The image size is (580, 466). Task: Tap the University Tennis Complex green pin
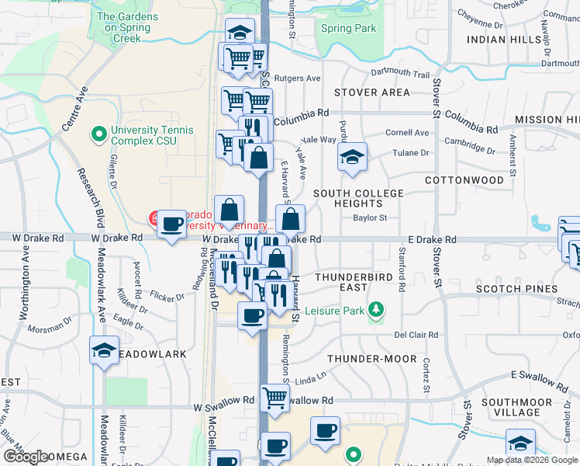(x=98, y=135)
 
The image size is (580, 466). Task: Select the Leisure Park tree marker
(x=376, y=311)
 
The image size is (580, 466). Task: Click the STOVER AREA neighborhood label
(x=371, y=92)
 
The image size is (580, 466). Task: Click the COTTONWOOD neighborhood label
(x=464, y=179)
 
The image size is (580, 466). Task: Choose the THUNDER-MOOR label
(x=368, y=359)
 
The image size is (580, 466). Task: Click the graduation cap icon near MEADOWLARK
(x=104, y=350)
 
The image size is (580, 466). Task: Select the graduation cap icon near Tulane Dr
(x=352, y=157)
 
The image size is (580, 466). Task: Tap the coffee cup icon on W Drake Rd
(x=171, y=224)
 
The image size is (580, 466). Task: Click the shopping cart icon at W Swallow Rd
(x=274, y=398)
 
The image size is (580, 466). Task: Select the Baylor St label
(x=370, y=218)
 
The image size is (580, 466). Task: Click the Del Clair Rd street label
(x=416, y=335)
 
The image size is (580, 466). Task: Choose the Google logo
(x=26, y=457)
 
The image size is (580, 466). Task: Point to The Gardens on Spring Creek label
(x=127, y=26)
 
